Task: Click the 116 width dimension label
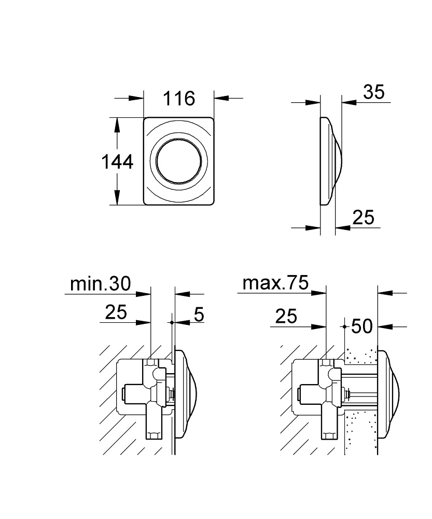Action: click(179, 98)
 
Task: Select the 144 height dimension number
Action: click(116, 162)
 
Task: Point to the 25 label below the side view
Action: click(363, 217)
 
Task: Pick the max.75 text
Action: click(275, 283)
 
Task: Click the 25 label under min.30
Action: click(116, 312)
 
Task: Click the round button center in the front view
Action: click(178, 161)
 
